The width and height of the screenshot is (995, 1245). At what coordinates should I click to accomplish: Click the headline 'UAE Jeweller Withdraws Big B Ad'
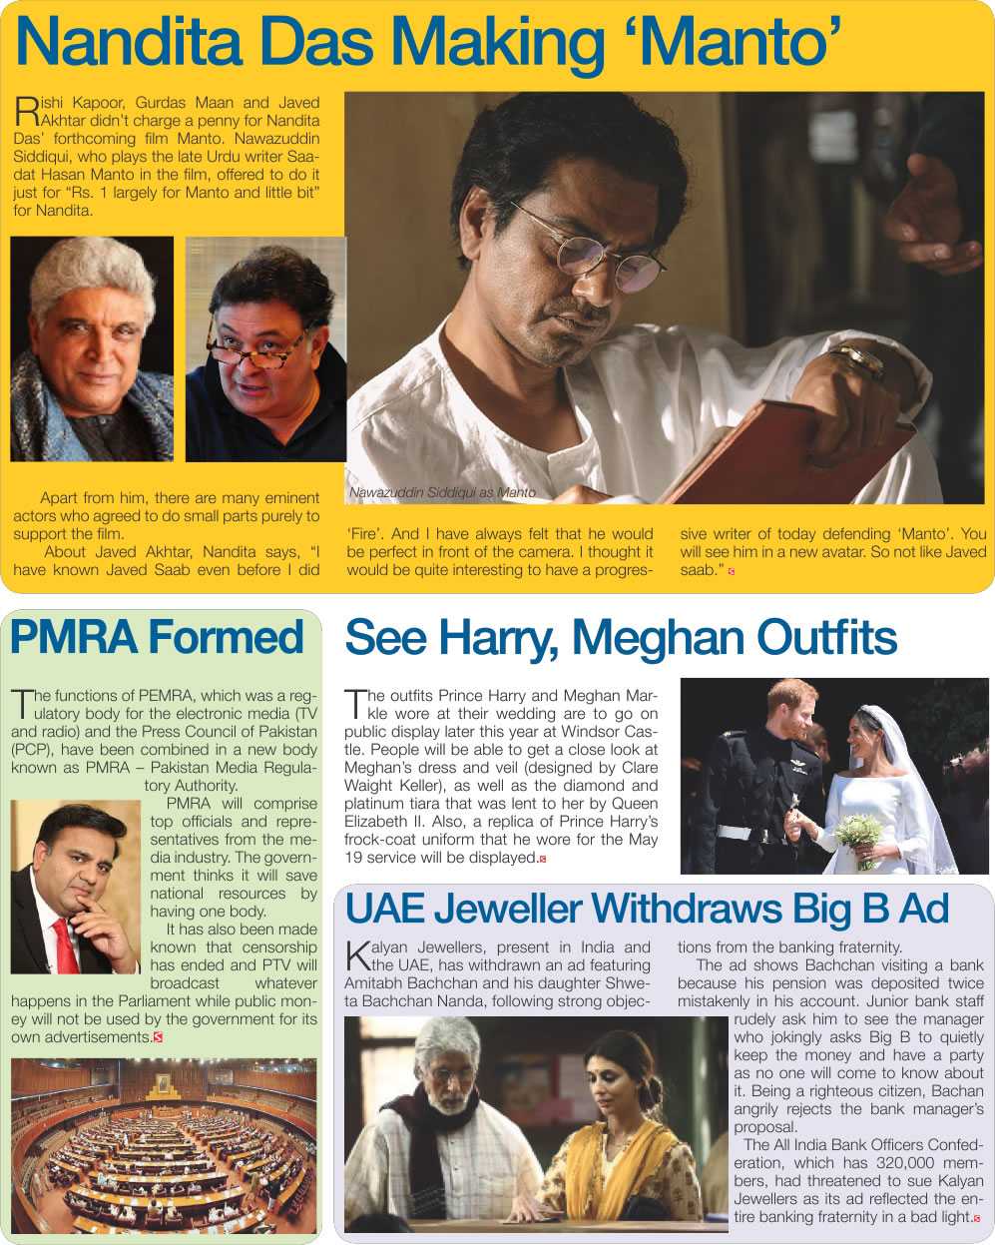(647, 910)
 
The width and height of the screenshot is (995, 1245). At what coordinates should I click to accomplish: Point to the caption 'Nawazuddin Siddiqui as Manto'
(441, 492)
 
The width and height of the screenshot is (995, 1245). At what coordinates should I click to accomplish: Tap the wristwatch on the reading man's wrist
(859, 359)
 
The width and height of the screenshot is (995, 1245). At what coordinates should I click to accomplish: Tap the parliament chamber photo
(164, 1146)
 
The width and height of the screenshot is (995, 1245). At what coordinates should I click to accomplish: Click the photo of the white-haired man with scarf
(91, 348)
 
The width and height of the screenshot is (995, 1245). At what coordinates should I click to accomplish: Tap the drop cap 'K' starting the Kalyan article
(356, 955)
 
